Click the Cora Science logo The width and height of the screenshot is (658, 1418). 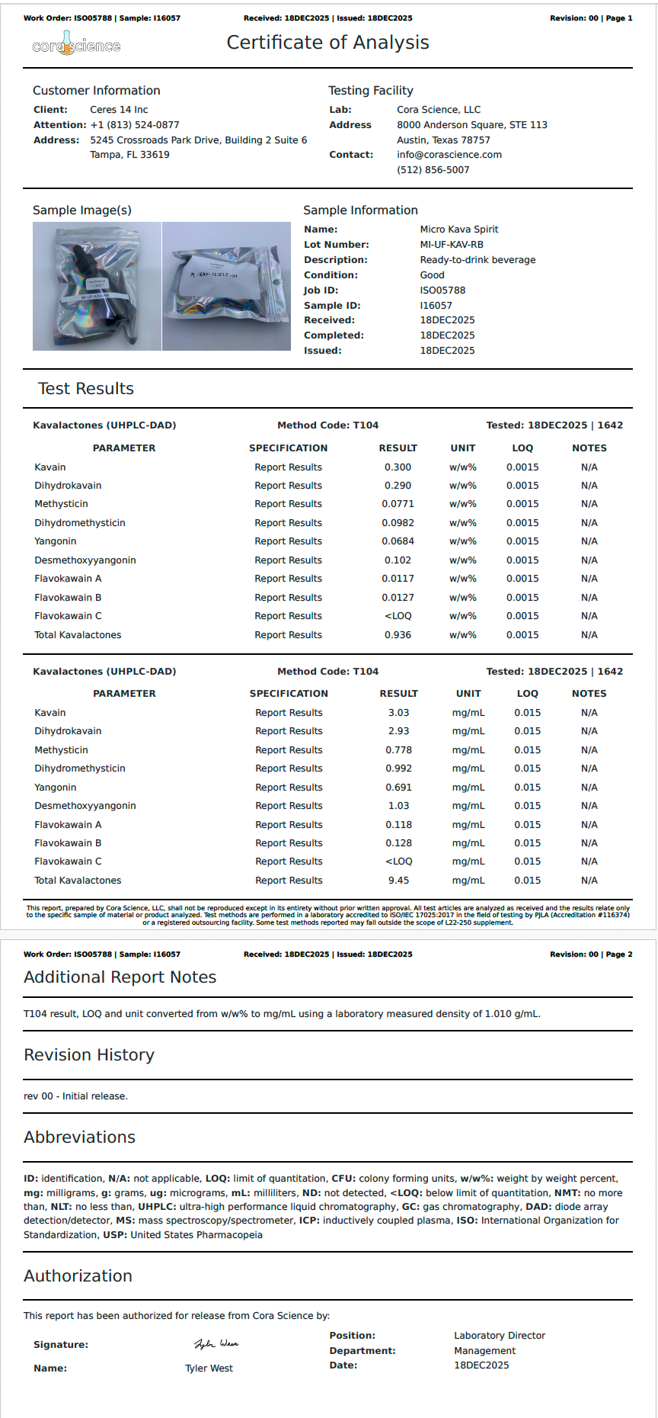(75, 45)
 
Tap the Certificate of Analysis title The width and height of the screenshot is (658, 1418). (327, 43)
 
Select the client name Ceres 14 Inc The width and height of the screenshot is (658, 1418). (119, 110)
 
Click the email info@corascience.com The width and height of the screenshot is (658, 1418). (449, 155)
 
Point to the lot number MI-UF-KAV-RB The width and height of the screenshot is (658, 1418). (451, 245)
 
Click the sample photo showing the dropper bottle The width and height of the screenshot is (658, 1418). (97, 286)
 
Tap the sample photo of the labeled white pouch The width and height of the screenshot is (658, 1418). (226, 286)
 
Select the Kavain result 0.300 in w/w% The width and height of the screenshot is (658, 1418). (398, 467)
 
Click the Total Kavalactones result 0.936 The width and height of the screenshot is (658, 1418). (398, 635)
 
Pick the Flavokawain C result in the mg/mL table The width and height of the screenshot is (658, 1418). (398, 861)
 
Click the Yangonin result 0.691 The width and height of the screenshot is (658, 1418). (398, 788)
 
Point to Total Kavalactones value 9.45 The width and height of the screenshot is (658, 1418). (398, 881)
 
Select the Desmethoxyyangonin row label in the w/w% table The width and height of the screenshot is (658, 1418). (85, 560)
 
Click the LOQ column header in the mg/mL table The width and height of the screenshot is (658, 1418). (527, 694)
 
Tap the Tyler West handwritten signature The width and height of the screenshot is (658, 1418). (216, 1344)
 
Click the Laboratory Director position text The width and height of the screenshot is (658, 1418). (500, 1336)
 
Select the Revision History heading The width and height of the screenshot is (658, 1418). (89, 1055)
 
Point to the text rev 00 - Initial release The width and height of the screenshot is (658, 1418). (75, 1096)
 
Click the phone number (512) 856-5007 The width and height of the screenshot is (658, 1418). (433, 170)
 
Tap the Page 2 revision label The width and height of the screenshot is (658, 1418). (591, 954)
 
